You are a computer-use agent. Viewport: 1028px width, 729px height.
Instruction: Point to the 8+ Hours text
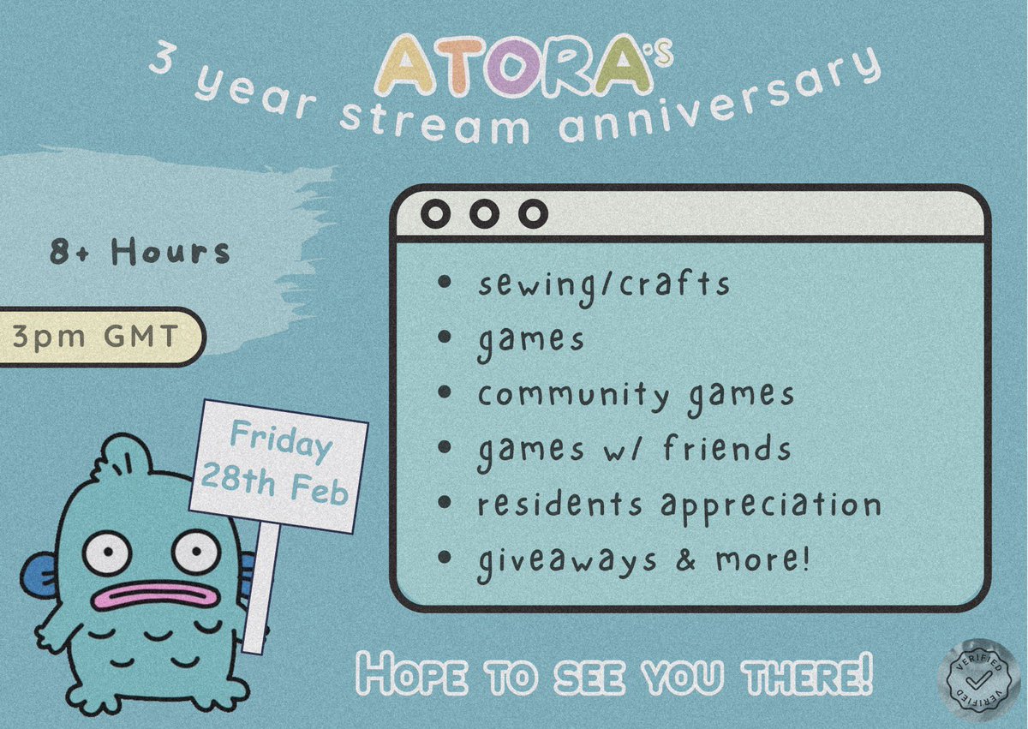click(140, 252)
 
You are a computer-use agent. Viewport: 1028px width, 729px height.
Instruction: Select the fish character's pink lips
click(152, 595)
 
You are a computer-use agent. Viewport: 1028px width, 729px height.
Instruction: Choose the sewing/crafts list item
click(604, 284)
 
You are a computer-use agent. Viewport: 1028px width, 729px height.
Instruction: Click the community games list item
click(636, 395)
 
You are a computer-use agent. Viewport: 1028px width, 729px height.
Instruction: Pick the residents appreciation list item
click(679, 505)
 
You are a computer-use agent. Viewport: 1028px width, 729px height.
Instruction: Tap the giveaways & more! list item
click(642, 559)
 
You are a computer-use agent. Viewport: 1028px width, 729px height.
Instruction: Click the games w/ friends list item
click(634, 449)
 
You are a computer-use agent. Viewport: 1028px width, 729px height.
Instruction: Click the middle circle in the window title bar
click(484, 214)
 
